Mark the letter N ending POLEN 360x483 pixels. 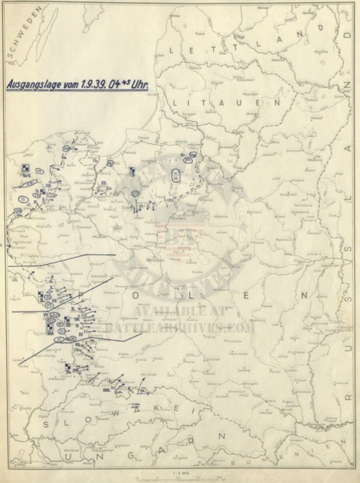coord(305,296)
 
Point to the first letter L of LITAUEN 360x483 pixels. coord(174,103)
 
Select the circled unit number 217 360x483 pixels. coord(136,193)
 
